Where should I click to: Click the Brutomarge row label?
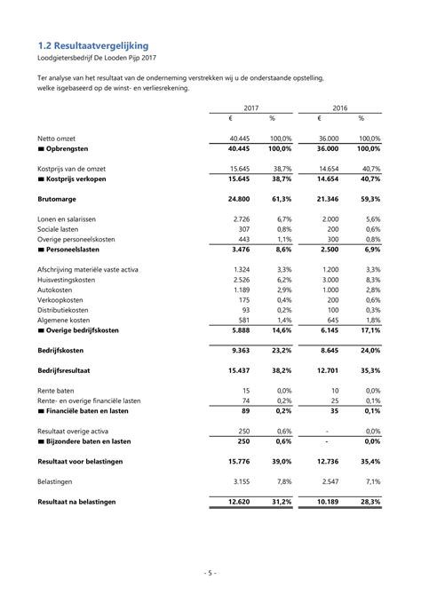(57, 201)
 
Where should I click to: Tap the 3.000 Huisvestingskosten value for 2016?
(329, 279)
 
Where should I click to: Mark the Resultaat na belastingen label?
(76, 502)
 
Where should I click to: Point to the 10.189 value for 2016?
(327, 502)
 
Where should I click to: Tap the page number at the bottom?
(210, 573)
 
